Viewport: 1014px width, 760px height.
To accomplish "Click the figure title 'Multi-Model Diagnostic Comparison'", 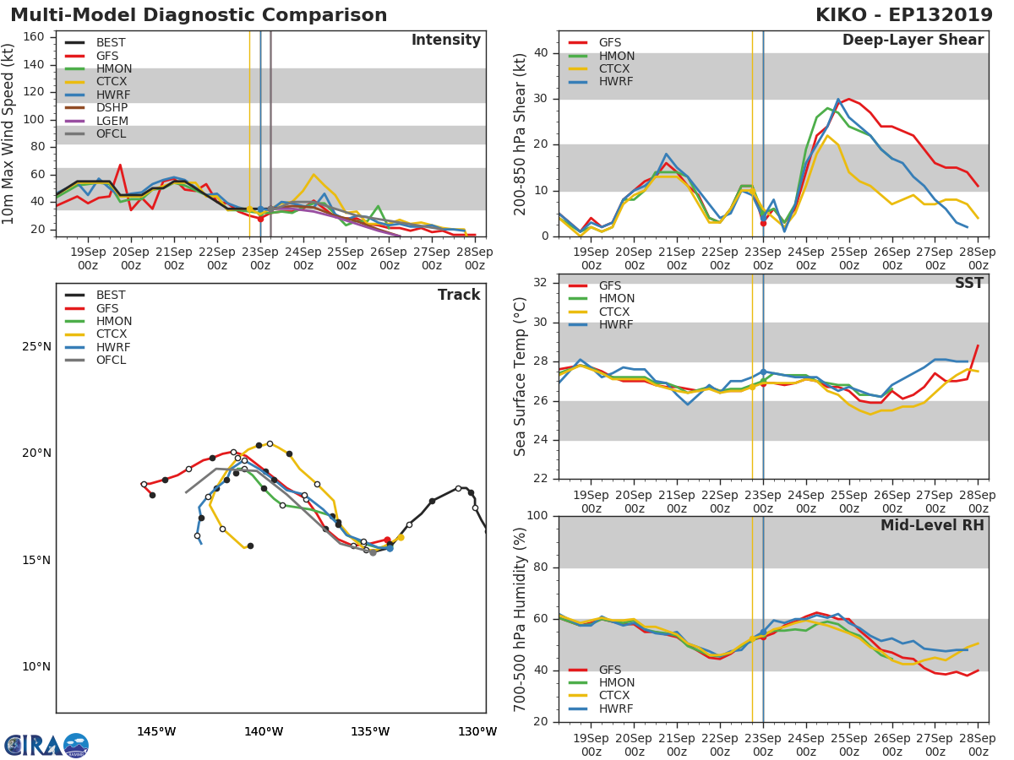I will tap(199, 15).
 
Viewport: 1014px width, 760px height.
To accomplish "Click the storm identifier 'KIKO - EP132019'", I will tap(903, 15).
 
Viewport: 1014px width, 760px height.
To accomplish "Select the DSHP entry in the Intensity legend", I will tap(112, 108).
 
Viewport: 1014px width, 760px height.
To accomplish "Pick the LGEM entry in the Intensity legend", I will tap(112, 121).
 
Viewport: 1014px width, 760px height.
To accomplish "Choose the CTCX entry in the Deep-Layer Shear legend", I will tap(615, 68).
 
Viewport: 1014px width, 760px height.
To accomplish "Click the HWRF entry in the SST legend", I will tap(615, 325).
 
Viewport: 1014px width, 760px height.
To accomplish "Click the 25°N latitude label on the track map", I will tap(35, 347).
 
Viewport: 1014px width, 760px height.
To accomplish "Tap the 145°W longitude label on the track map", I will tap(156, 731).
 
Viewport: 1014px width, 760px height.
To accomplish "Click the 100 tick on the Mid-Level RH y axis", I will tap(537, 516).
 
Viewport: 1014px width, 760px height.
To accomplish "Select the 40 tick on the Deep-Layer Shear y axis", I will tap(542, 53).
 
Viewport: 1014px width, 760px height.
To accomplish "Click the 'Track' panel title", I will tap(458, 296).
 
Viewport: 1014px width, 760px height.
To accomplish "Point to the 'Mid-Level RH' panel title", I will tap(932, 526).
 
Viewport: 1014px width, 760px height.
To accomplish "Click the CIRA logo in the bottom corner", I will tap(46, 745).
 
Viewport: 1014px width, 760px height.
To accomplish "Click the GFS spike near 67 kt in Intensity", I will tap(120, 166).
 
